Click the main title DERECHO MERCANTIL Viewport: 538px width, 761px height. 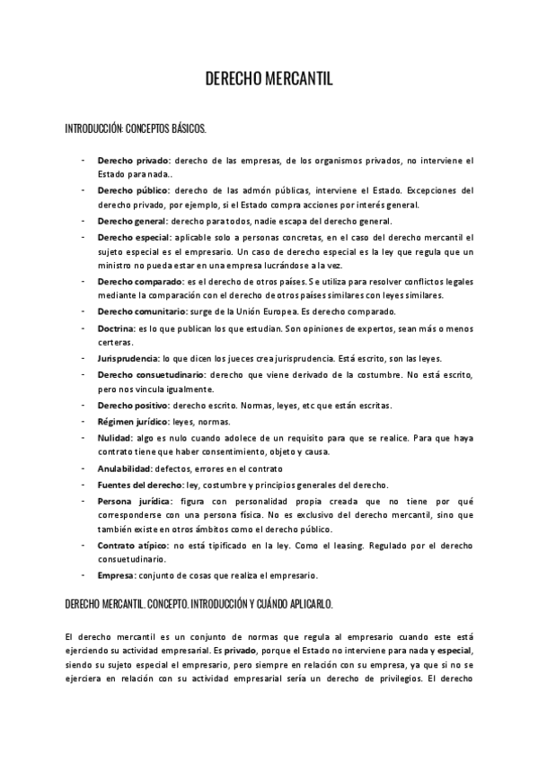[269, 80]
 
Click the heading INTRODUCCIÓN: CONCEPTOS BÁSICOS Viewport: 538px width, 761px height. [135, 129]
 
